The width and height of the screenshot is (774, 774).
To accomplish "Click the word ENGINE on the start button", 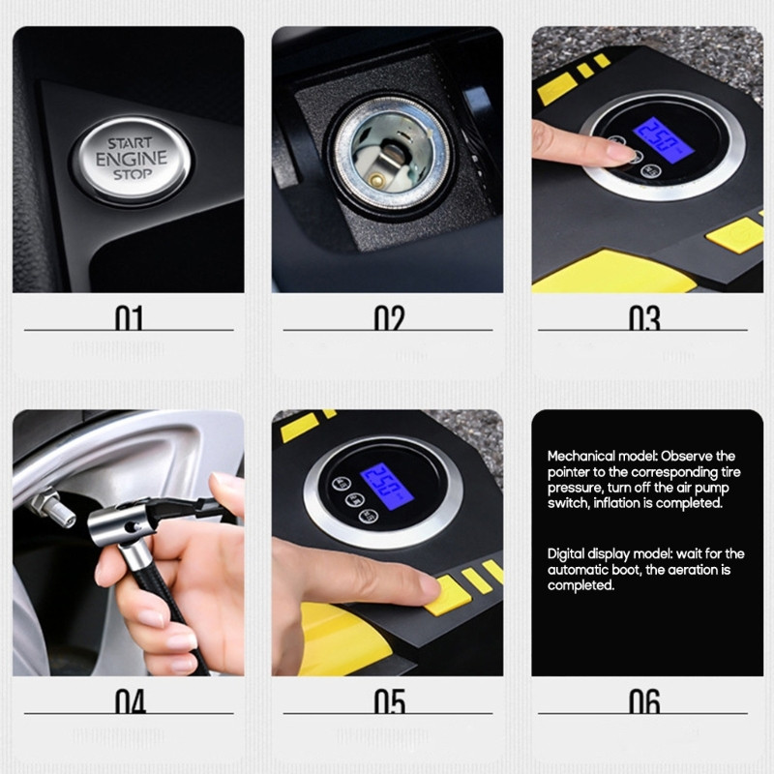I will (x=132, y=159).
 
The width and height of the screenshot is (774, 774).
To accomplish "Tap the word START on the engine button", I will (x=131, y=142).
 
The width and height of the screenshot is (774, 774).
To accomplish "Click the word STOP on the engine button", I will (x=132, y=175).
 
